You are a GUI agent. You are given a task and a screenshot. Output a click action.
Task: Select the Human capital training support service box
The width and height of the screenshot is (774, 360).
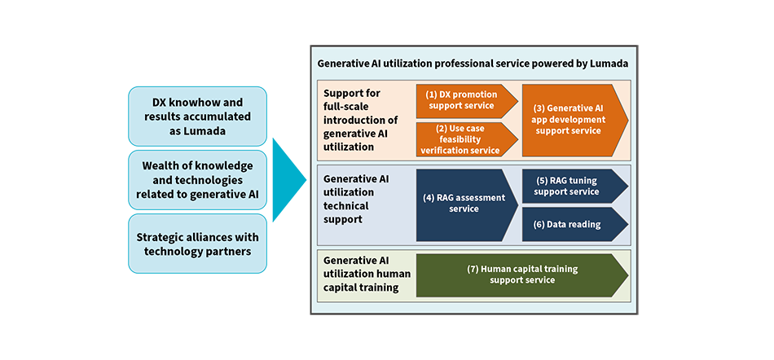tap(521, 274)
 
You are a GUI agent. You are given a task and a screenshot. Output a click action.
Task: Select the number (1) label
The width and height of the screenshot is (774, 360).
tap(431, 94)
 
